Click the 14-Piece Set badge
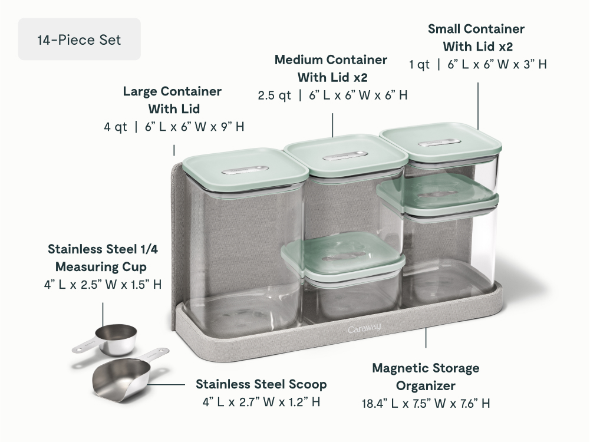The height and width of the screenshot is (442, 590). [x=80, y=39]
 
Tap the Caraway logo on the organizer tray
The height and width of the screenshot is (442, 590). [x=364, y=328]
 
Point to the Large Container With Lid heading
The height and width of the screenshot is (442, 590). [x=172, y=100]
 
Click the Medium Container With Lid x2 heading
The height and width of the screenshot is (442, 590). [x=331, y=68]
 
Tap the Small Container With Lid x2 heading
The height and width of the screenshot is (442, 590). [x=476, y=38]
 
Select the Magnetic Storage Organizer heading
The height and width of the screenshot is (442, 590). [x=426, y=377]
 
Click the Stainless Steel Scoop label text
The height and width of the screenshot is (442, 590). [x=261, y=384]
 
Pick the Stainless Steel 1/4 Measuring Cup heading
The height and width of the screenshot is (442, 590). [x=102, y=258]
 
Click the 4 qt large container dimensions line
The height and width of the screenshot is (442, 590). [x=174, y=127]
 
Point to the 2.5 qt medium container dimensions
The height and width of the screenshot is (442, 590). [x=332, y=95]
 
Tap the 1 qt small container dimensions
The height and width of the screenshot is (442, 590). [x=478, y=64]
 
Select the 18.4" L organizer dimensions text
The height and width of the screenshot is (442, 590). [x=426, y=403]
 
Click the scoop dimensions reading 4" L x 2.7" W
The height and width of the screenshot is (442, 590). [x=261, y=402]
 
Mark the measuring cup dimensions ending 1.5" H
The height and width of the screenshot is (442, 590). [x=103, y=285]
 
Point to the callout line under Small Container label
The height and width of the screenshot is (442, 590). [x=478, y=106]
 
